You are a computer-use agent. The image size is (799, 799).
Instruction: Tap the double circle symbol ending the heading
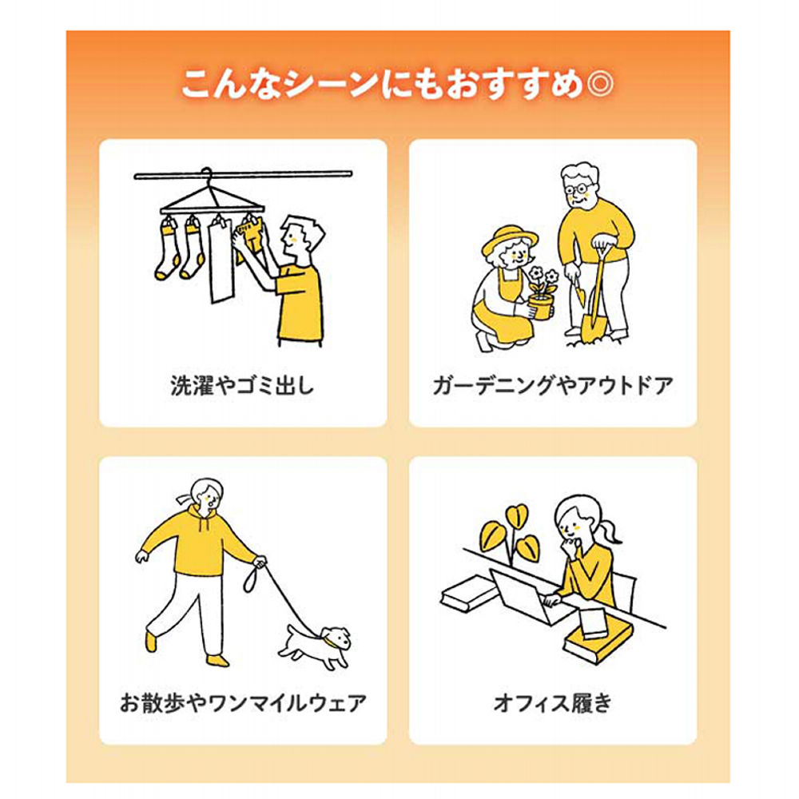(x=602, y=84)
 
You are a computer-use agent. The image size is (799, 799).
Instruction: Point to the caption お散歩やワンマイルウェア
(x=243, y=703)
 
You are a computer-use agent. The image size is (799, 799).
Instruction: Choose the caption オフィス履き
(x=553, y=703)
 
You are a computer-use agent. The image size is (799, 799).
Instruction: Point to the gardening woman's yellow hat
(x=510, y=237)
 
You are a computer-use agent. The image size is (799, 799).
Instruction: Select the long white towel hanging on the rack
(x=221, y=264)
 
